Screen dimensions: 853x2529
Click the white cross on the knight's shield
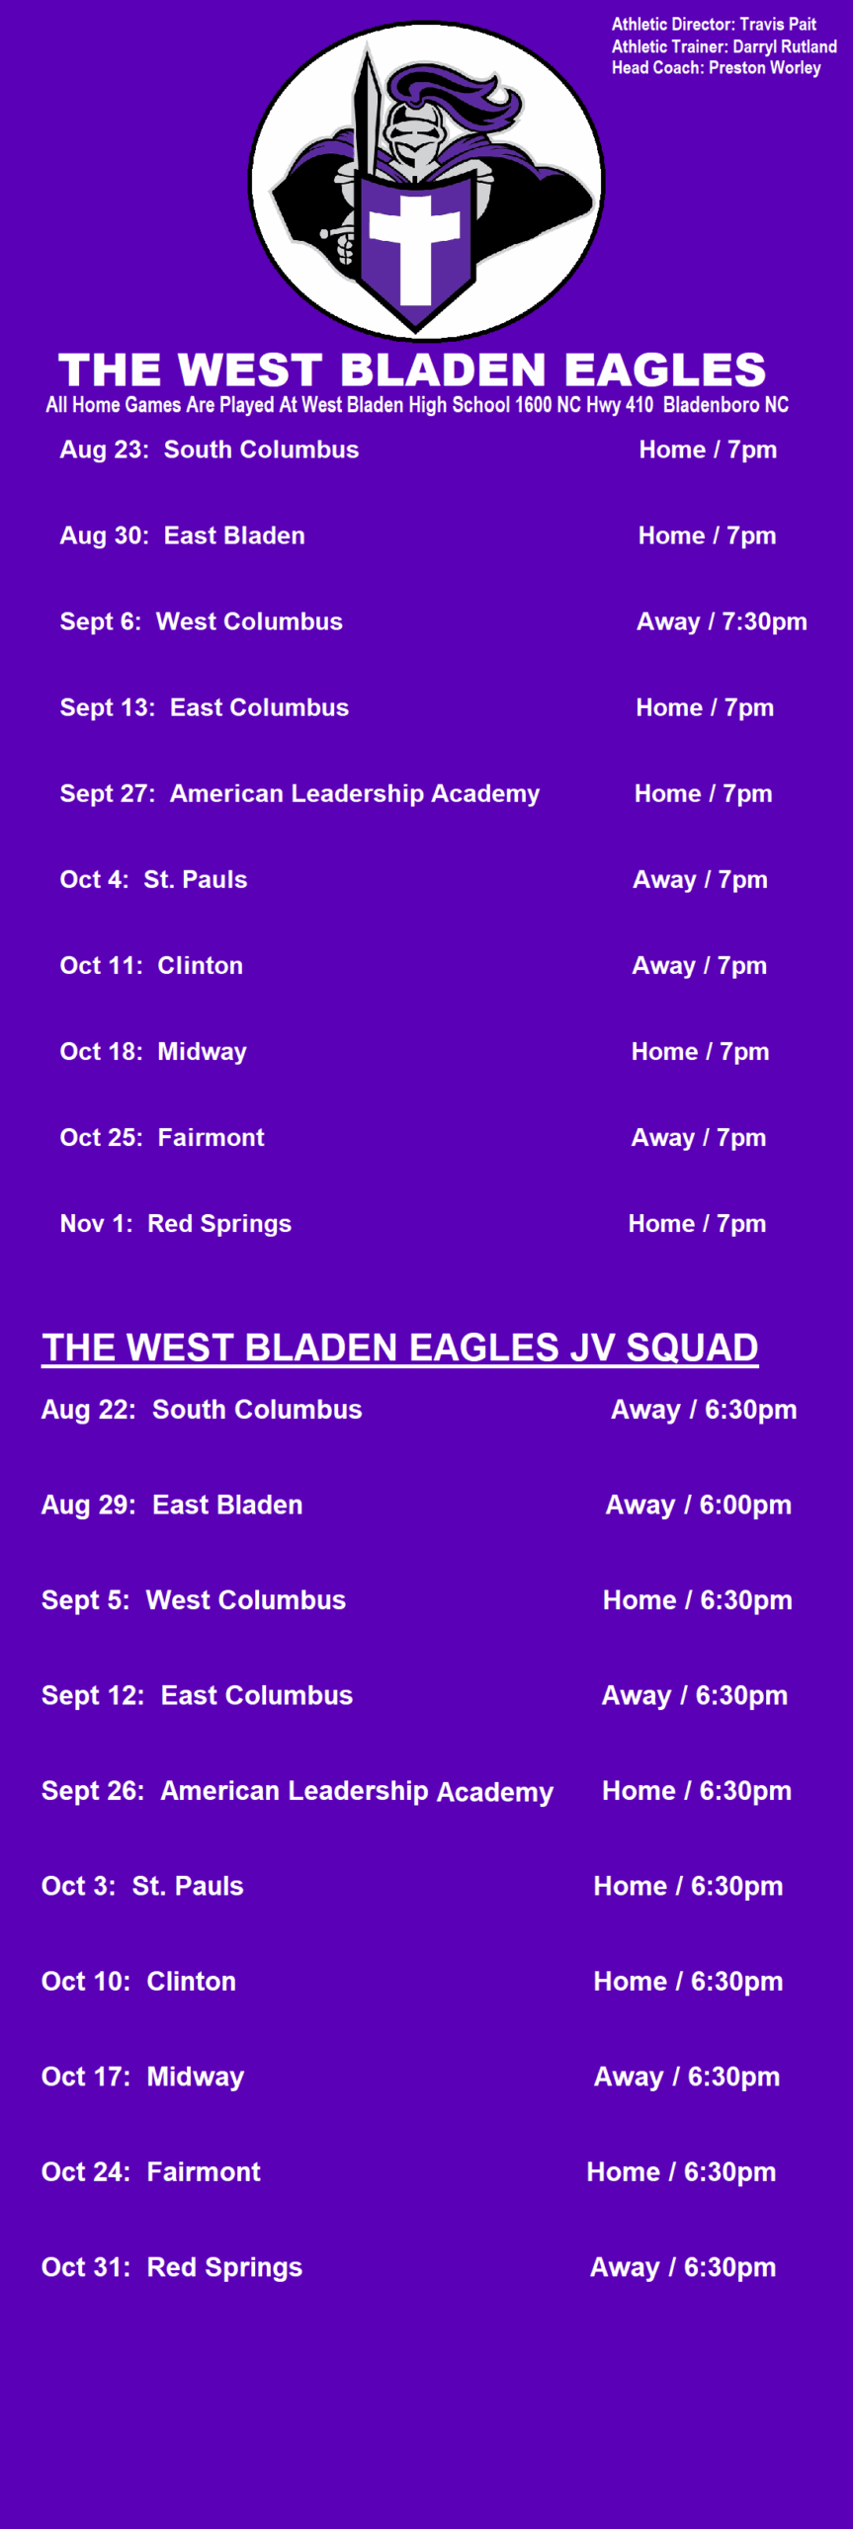click(x=415, y=247)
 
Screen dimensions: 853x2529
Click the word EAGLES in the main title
click(x=665, y=370)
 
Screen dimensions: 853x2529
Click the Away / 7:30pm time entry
click(x=722, y=622)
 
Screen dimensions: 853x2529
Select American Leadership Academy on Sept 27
click(x=355, y=794)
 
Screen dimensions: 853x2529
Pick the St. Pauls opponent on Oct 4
click(x=196, y=880)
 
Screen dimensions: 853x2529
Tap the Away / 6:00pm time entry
click(x=699, y=1506)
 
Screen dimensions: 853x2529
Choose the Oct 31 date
click(x=86, y=2268)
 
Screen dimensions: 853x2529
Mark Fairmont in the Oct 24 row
click(x=204, y=2172)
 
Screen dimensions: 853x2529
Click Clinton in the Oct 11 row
click(x=201, y=966)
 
